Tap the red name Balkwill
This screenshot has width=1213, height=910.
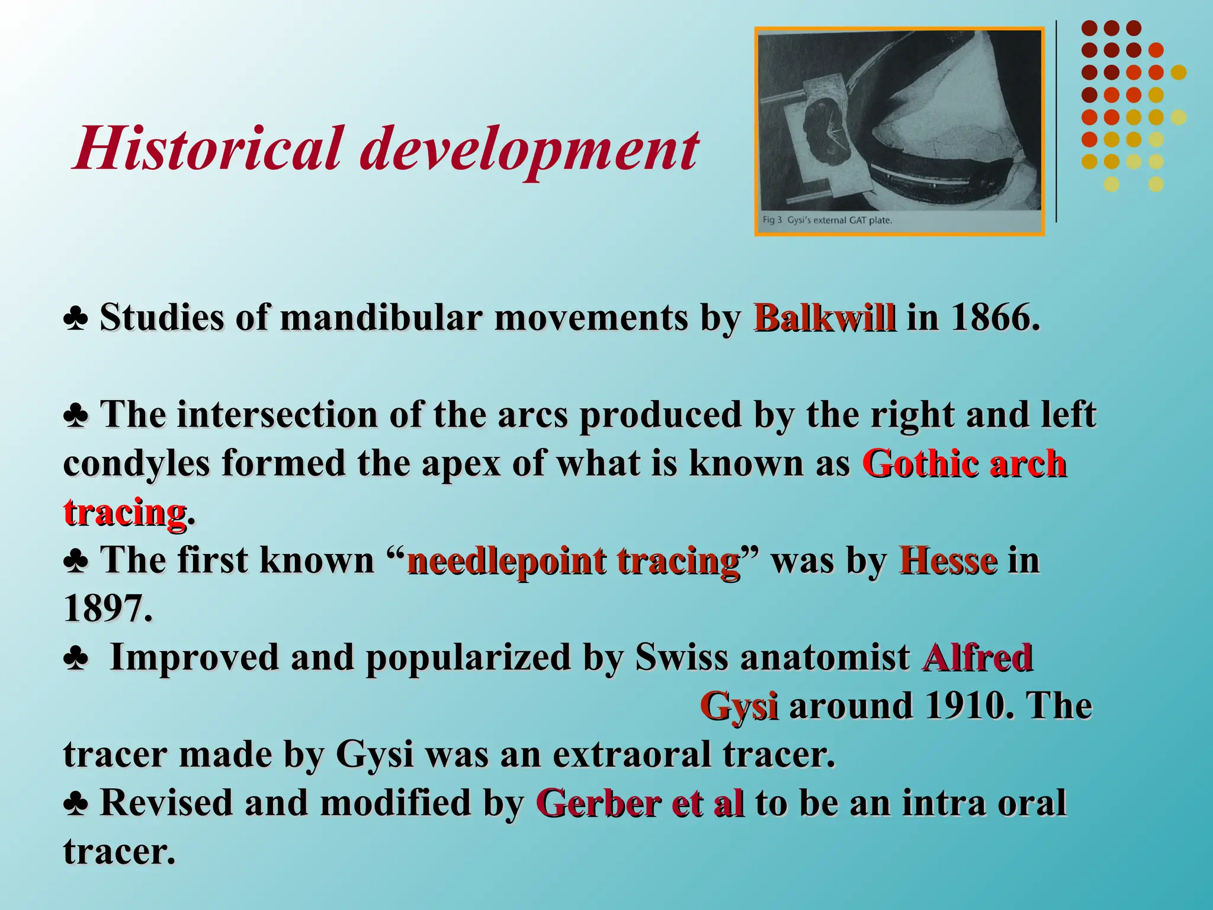(824, 318)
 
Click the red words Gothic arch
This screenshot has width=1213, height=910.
(964, 464)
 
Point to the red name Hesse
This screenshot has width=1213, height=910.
(948, 560)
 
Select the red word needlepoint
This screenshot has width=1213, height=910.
(507, 562)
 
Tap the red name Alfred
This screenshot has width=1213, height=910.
(977, 658)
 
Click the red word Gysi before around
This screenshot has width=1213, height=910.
(738, 706)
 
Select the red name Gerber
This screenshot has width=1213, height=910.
(598, 803)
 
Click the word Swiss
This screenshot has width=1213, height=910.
(681, 658)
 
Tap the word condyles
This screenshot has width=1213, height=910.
(136, 464)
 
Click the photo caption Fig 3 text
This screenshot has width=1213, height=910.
(827, 220)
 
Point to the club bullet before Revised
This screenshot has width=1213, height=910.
(76, 805)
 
